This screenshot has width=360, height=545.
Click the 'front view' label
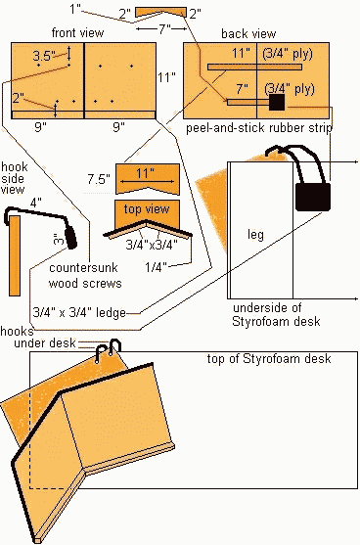77,33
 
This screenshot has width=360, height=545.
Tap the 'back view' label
248,33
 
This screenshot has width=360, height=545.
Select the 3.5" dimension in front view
44,56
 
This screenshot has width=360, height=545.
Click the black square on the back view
277,102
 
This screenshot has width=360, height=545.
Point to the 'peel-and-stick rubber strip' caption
259,128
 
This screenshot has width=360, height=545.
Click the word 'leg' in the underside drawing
255,235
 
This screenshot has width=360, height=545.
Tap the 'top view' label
147,208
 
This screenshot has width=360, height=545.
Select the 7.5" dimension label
99,179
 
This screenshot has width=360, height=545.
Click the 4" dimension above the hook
35,202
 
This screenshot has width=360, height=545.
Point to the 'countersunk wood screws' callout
85,275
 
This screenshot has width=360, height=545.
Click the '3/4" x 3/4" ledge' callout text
79,312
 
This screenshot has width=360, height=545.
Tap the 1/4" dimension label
156,267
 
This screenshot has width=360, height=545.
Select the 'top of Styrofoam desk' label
269,358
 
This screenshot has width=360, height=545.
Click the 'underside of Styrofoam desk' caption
276,314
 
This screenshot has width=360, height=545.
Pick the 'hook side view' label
14,178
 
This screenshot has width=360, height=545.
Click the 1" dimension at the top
75,9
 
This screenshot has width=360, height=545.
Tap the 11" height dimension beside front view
167,77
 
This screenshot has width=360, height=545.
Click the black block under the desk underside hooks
313,197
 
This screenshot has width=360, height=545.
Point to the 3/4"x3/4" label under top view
152,245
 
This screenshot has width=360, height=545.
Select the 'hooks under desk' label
38,338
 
